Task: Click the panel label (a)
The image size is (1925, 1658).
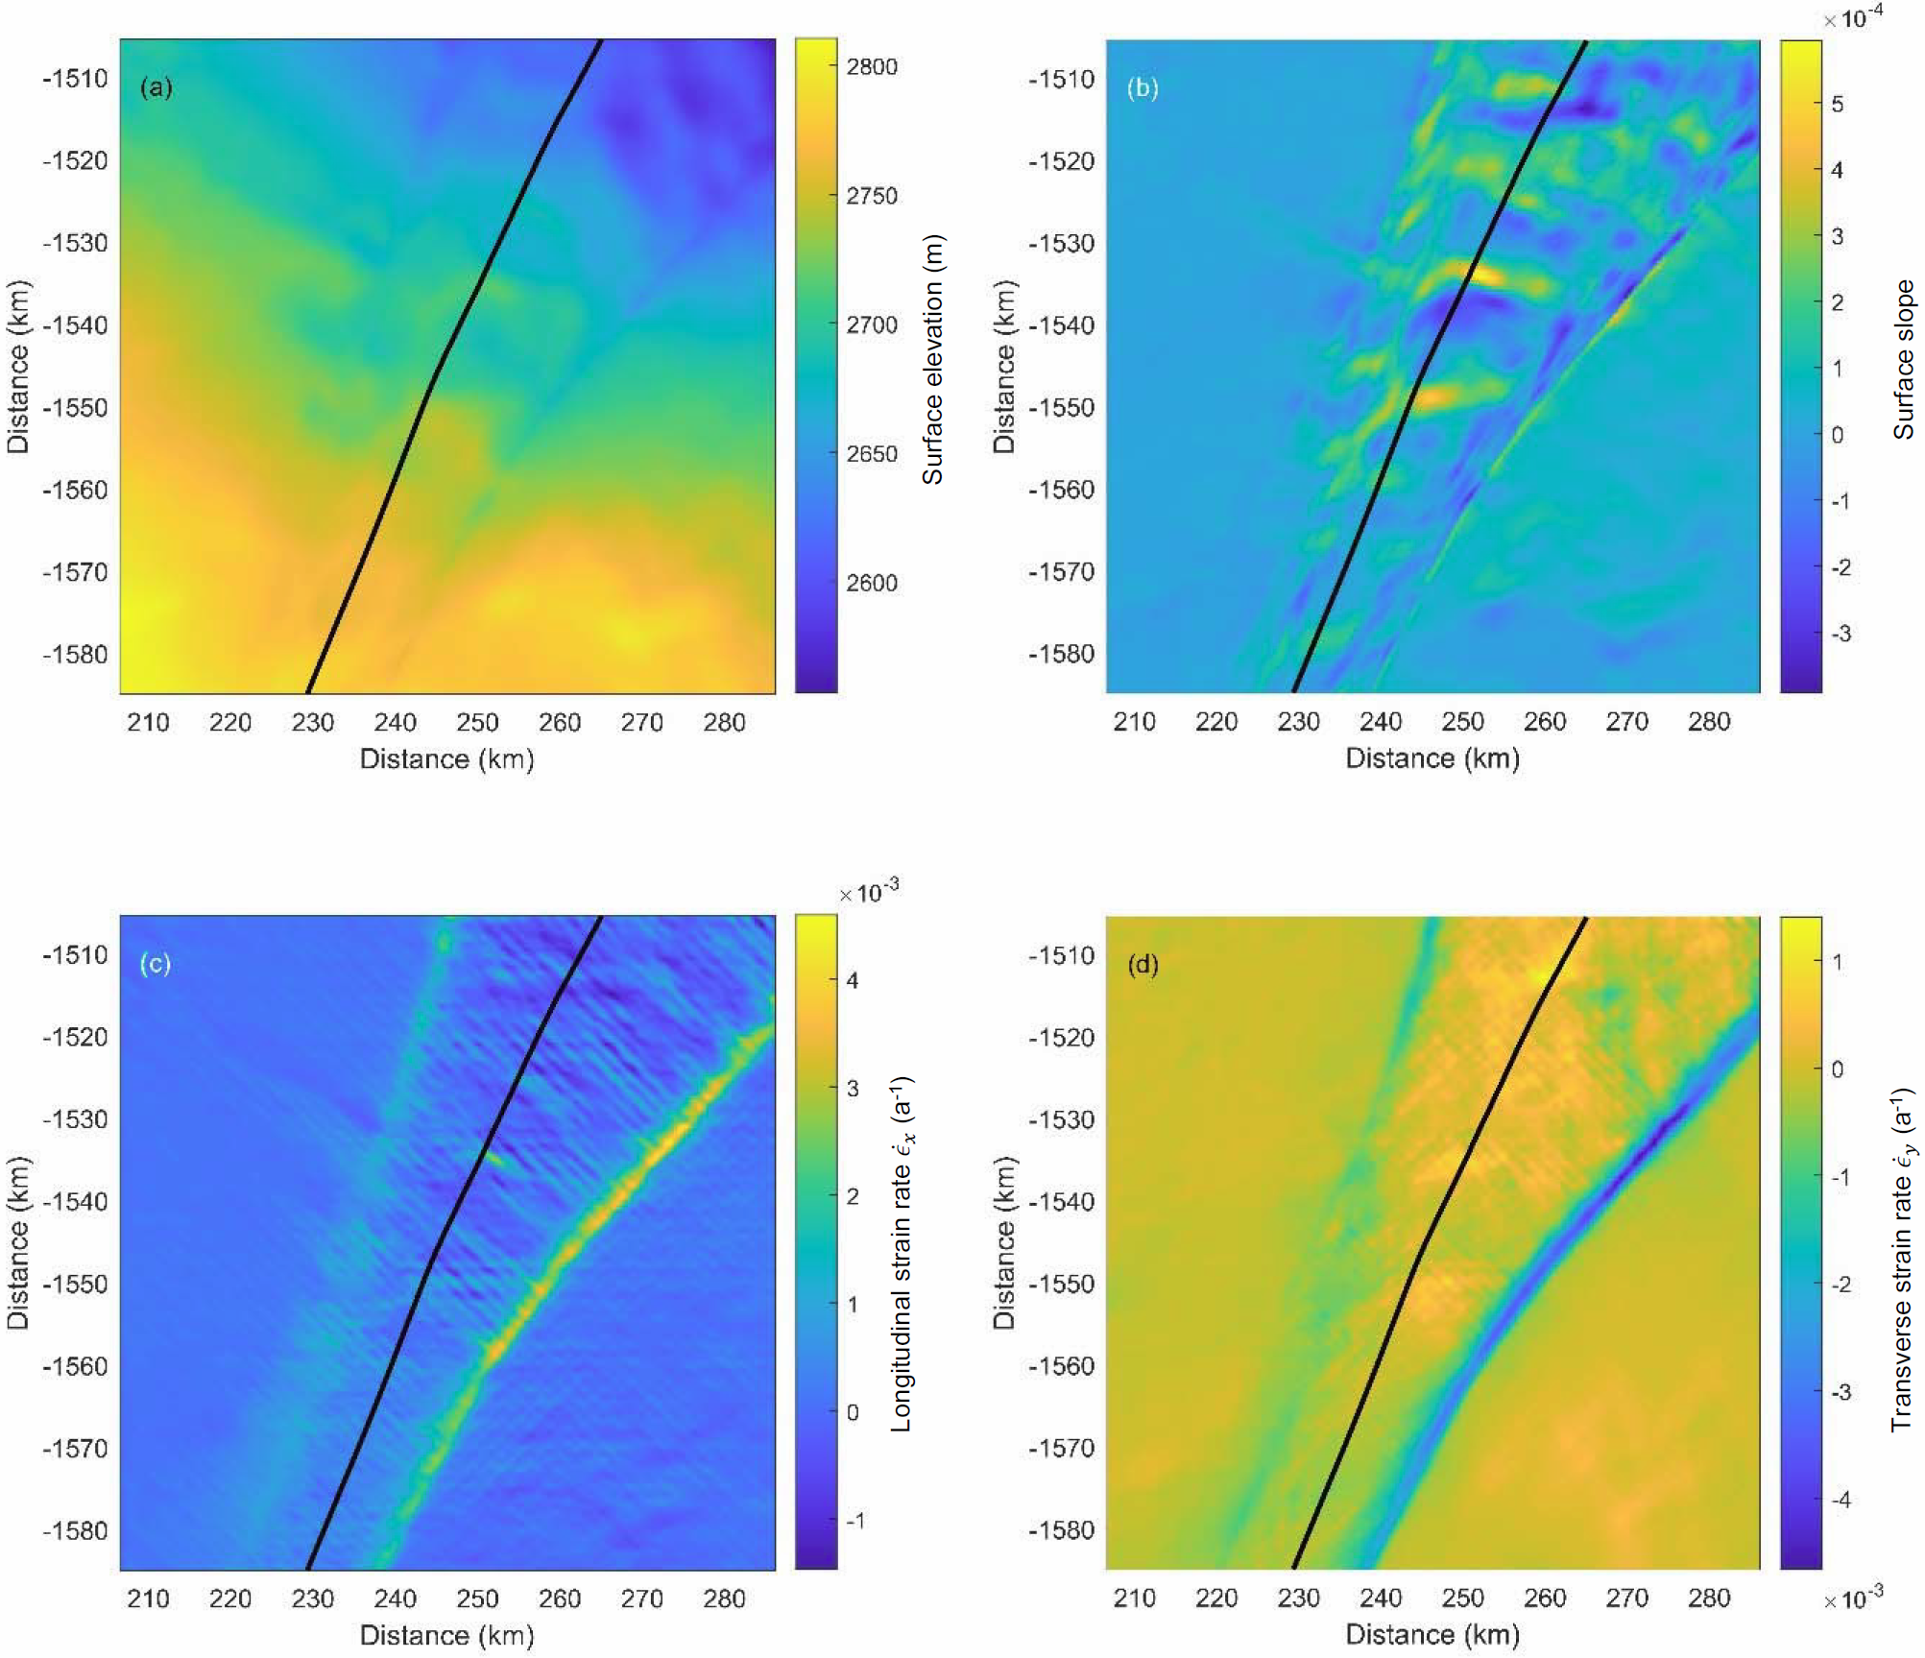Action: [156, 88]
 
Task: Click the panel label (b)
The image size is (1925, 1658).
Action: [1142, 88]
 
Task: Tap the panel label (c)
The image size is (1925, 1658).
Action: [156, 963]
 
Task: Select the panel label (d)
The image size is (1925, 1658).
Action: [1142, 964]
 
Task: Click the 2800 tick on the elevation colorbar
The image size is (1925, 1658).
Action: [871, 67]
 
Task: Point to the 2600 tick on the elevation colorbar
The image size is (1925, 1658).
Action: [871, 583]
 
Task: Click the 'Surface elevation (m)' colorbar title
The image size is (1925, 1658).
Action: [932, 360]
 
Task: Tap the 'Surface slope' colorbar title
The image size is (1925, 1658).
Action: [1904, 360]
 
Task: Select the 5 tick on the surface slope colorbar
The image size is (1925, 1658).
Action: [1837, 104]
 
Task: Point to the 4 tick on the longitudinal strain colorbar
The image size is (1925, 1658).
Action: [852, 980]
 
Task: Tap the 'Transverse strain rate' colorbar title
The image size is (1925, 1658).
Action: [1902, 1260]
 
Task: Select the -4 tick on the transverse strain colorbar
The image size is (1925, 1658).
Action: [1841, 1499]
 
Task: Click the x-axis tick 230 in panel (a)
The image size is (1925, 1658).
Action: [312, 723]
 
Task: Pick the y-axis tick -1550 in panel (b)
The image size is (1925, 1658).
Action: [1061, 408]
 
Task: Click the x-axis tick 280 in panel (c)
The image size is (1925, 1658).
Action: [724, 1598]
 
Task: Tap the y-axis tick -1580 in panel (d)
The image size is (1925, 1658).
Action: [1061, 1530]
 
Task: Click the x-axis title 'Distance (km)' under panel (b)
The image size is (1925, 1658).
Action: [1432, 758]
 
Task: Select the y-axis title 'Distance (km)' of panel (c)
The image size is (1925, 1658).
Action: [18, 1242]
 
